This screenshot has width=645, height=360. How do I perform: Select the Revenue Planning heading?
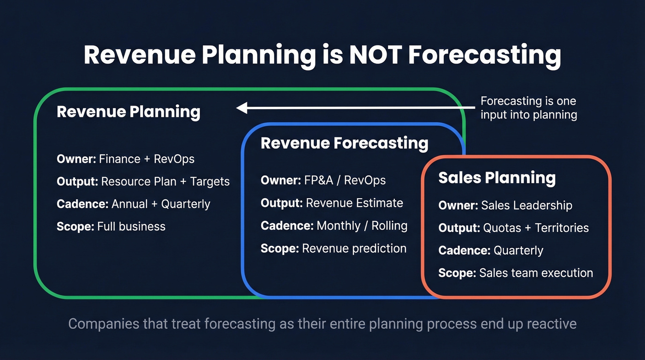[x=128, y=112]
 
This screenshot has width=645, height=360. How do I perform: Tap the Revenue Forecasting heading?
[x=344, y=143]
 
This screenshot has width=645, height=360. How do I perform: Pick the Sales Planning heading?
[x=497, y=178]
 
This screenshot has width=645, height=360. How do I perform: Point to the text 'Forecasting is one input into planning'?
[x=528, y=108]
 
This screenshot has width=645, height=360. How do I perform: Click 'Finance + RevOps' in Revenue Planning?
[x=146, y=159]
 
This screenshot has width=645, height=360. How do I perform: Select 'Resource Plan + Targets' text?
[x=165, y=182]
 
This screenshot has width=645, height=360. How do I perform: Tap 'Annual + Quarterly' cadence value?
[x=161, y=204]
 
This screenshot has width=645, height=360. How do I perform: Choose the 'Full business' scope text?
[x=131, y=226]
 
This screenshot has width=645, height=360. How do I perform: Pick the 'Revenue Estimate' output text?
[x=354, y=203]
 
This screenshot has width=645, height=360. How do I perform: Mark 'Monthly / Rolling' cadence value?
[x=362, y=226]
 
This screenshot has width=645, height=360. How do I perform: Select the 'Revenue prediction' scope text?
[x=354, y=248]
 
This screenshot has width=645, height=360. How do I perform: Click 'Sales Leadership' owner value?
[x=527, y=206]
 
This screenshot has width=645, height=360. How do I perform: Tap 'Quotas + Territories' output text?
[x=536, y=228]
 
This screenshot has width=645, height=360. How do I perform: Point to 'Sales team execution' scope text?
[x=536, y=273]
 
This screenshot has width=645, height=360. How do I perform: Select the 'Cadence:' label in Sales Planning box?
[x=464, y=251]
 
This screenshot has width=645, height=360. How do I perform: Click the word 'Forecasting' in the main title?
[x=484, y=55]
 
